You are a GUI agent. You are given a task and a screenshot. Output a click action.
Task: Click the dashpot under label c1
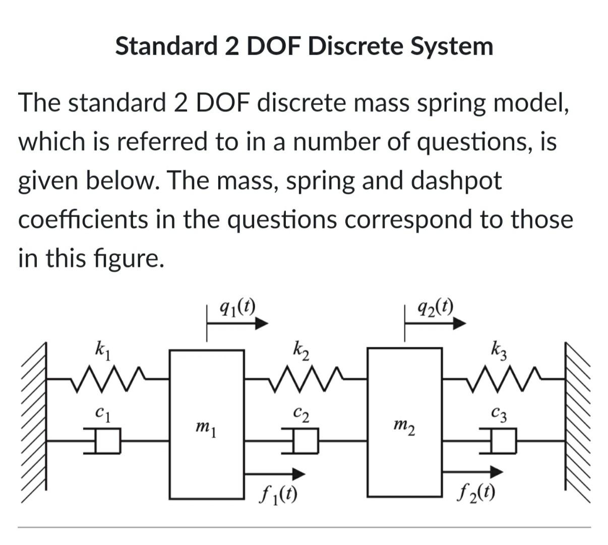coord(103,441)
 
